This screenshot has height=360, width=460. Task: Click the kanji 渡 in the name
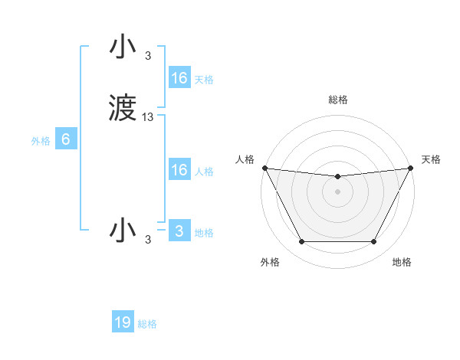tap(123, 109)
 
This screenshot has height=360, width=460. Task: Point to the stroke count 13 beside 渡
tap(148, 116)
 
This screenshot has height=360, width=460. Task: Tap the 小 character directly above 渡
tap(123, 47)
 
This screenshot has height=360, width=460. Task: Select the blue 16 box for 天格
tap(179, 78)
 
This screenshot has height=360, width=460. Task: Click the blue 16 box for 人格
tap(179, 170)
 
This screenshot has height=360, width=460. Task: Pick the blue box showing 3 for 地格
tap(179, 231)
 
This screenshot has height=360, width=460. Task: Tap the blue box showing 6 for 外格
tap(66, 139)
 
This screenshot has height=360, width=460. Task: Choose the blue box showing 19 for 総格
tap(123, 322)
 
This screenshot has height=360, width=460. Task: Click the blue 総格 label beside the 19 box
tap(147, 324)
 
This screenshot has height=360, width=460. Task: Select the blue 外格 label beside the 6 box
tap(41, 141)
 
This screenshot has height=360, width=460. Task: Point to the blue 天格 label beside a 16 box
tap(204, 80)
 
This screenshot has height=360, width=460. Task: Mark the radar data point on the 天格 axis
tap(411, 168)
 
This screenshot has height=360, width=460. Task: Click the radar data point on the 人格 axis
tap(264, 168)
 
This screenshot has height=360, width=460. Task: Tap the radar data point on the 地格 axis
tap(373, 242)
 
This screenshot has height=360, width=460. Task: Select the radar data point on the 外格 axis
tap(301, 242)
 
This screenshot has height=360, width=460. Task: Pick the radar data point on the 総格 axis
tap(337, 177)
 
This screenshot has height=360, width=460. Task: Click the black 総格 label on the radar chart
tap(337, 100)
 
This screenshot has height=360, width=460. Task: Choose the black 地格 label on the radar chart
tap(402, 262)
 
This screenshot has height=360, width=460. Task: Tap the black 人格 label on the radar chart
tap(245, 159)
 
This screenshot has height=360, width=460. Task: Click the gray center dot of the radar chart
tap(337, 192)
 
